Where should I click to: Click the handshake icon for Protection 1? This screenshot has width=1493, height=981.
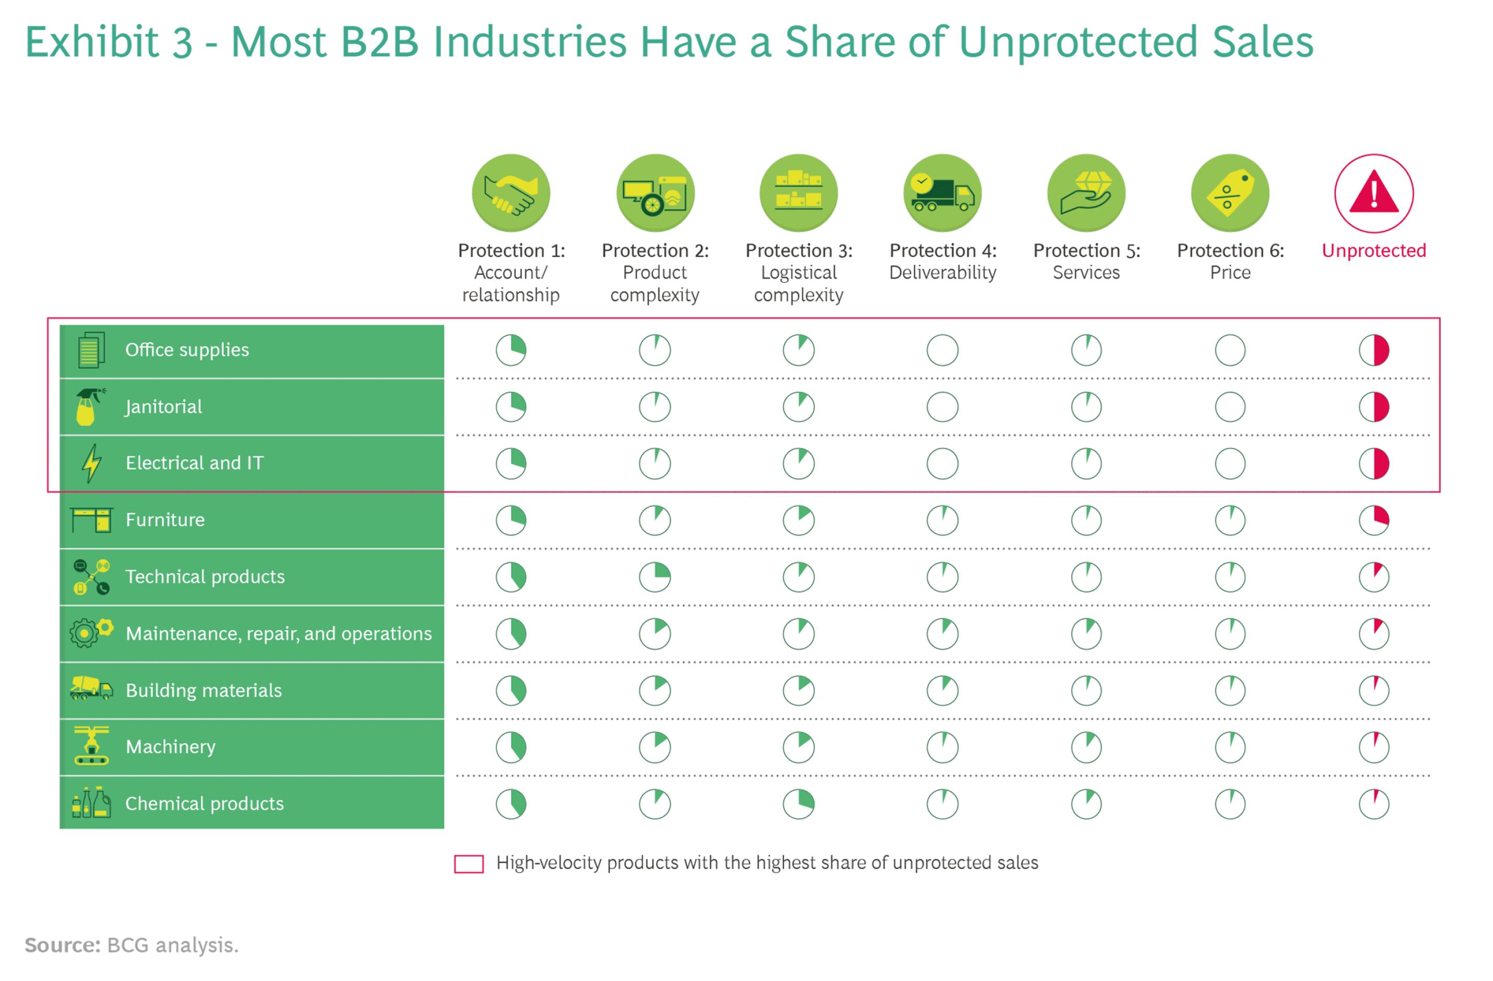(511, 193)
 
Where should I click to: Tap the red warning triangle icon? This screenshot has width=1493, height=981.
(1373, 193)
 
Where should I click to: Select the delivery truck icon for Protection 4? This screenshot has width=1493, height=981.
(942, 193)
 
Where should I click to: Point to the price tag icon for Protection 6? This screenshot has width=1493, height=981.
(1230, 193)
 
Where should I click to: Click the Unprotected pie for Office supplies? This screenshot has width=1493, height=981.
(1373, 350)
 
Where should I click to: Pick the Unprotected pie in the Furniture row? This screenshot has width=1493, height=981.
(1373, 520)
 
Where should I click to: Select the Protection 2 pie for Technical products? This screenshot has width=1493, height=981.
(654, 576)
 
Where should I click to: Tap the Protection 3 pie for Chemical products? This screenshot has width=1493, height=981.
(798, 804)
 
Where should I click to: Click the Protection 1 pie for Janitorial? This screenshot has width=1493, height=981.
(511, 407)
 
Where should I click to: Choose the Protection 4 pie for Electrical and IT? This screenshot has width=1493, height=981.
(942, 463)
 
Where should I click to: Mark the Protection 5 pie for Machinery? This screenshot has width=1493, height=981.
(1086, 746)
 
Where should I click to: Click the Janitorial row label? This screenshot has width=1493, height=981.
(164, 407)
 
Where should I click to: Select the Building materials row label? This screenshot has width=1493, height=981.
(203, 690)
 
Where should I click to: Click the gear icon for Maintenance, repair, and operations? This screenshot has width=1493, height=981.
(84, 633)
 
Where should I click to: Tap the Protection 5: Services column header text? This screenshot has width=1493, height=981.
(1086, 261)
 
